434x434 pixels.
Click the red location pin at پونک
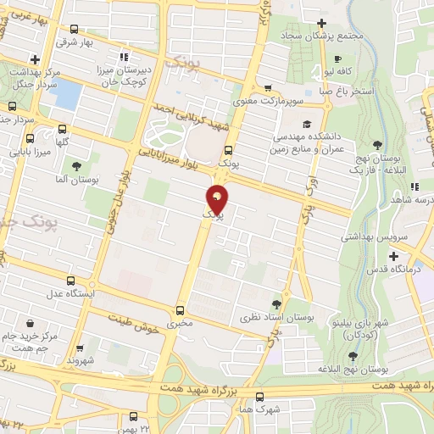[x=218, y=200]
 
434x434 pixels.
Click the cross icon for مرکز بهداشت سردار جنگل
[x=34, y=59]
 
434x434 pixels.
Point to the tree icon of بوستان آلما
[x=77, y=165]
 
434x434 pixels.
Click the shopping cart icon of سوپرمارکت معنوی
[x=267, y=87]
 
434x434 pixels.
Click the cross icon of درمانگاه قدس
[x=394, y=255]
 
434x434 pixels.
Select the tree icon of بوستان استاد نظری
[x=277, y=303]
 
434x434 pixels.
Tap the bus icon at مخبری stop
[x=180, y=310]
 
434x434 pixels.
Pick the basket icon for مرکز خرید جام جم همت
[x=31, y=323]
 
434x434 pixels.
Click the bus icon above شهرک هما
[x=259, y=396]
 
